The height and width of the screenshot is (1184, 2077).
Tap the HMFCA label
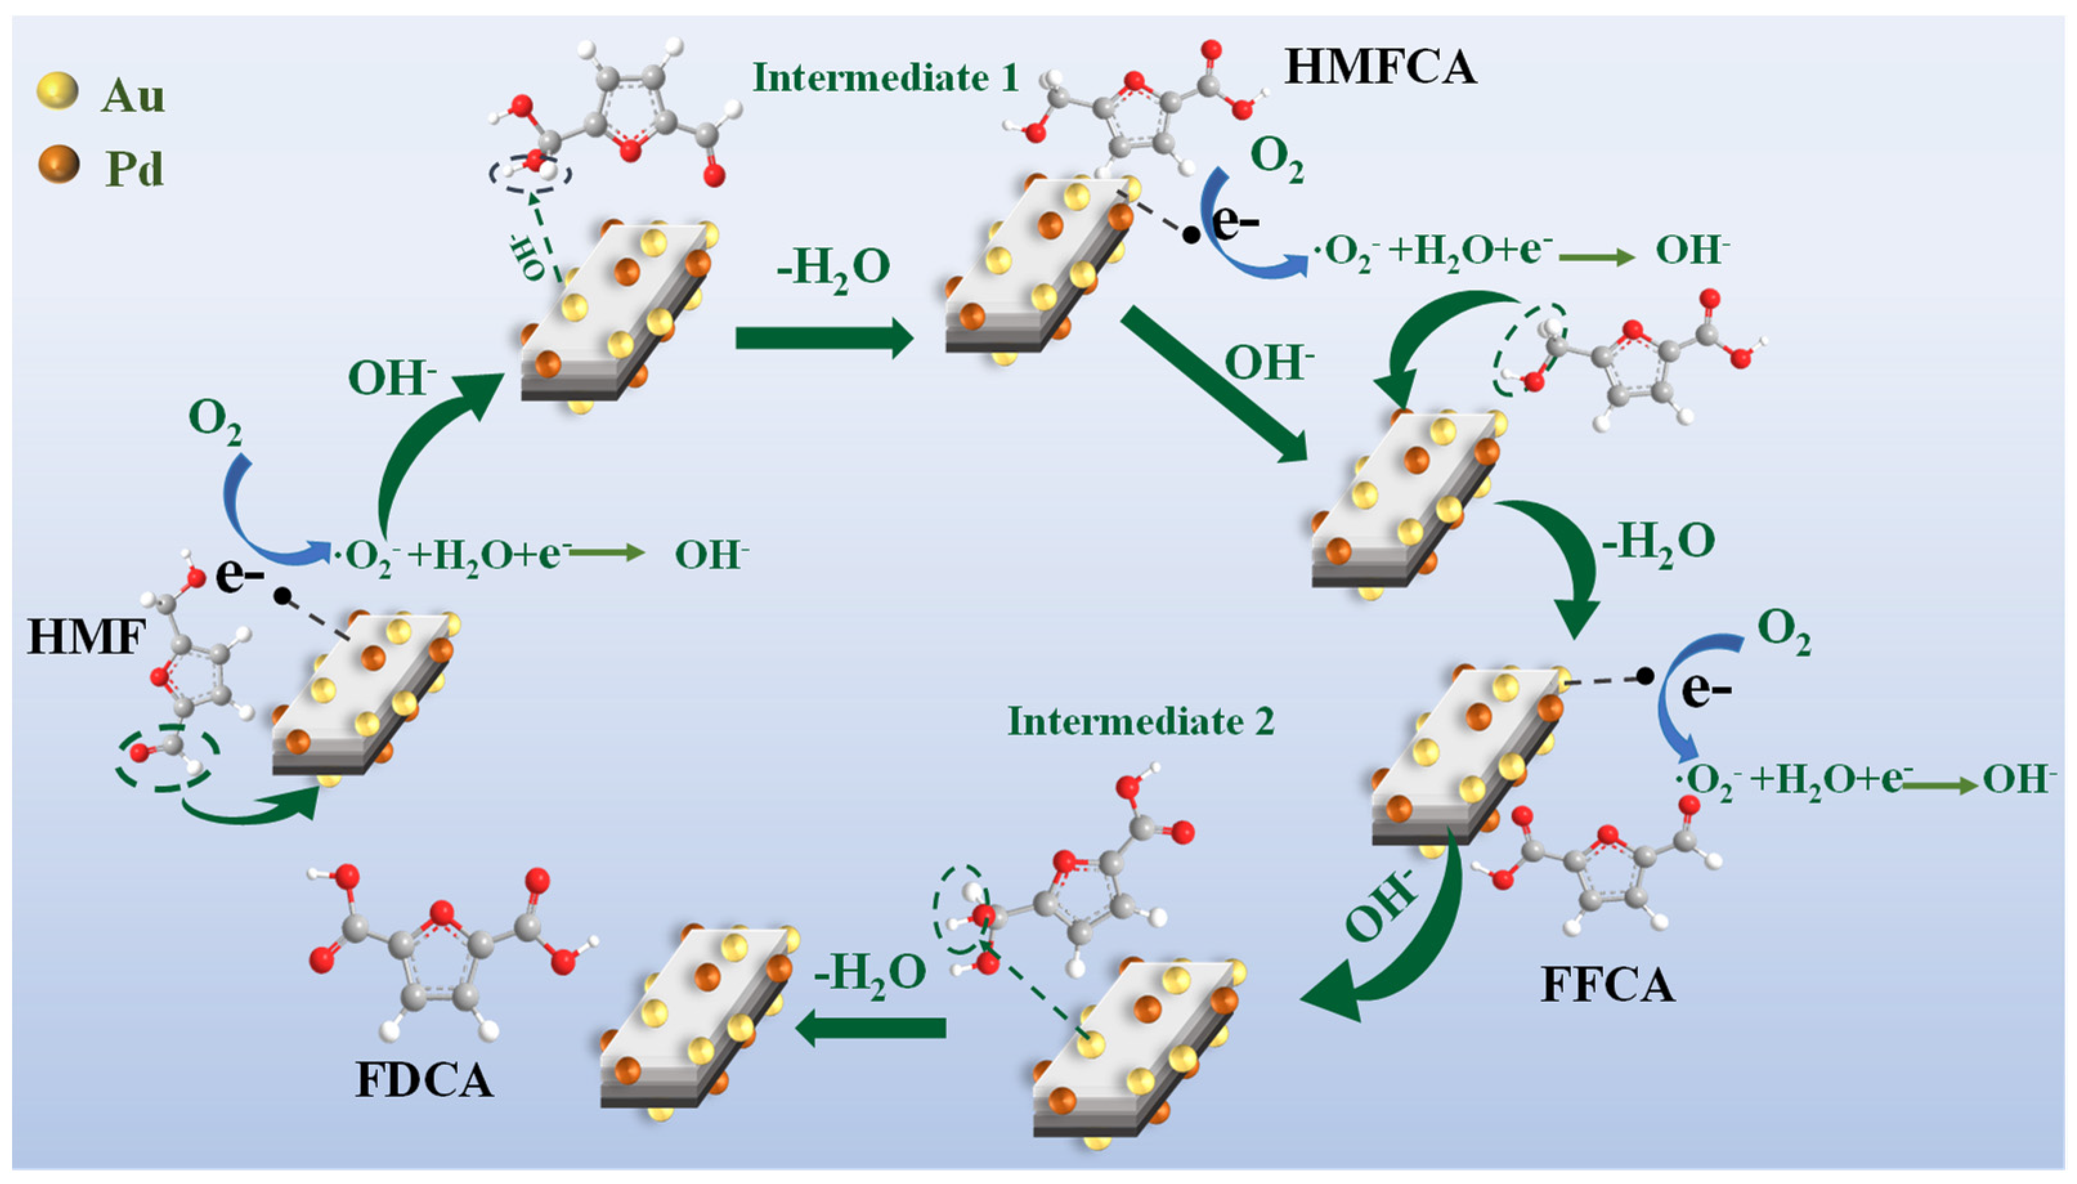(1379, 68)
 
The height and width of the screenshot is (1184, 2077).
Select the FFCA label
(1608, 984)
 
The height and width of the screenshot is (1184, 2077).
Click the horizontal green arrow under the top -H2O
(823, 338)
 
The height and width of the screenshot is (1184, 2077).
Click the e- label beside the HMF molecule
(240, 576)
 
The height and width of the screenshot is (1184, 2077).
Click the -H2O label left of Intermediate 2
(870, 971)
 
